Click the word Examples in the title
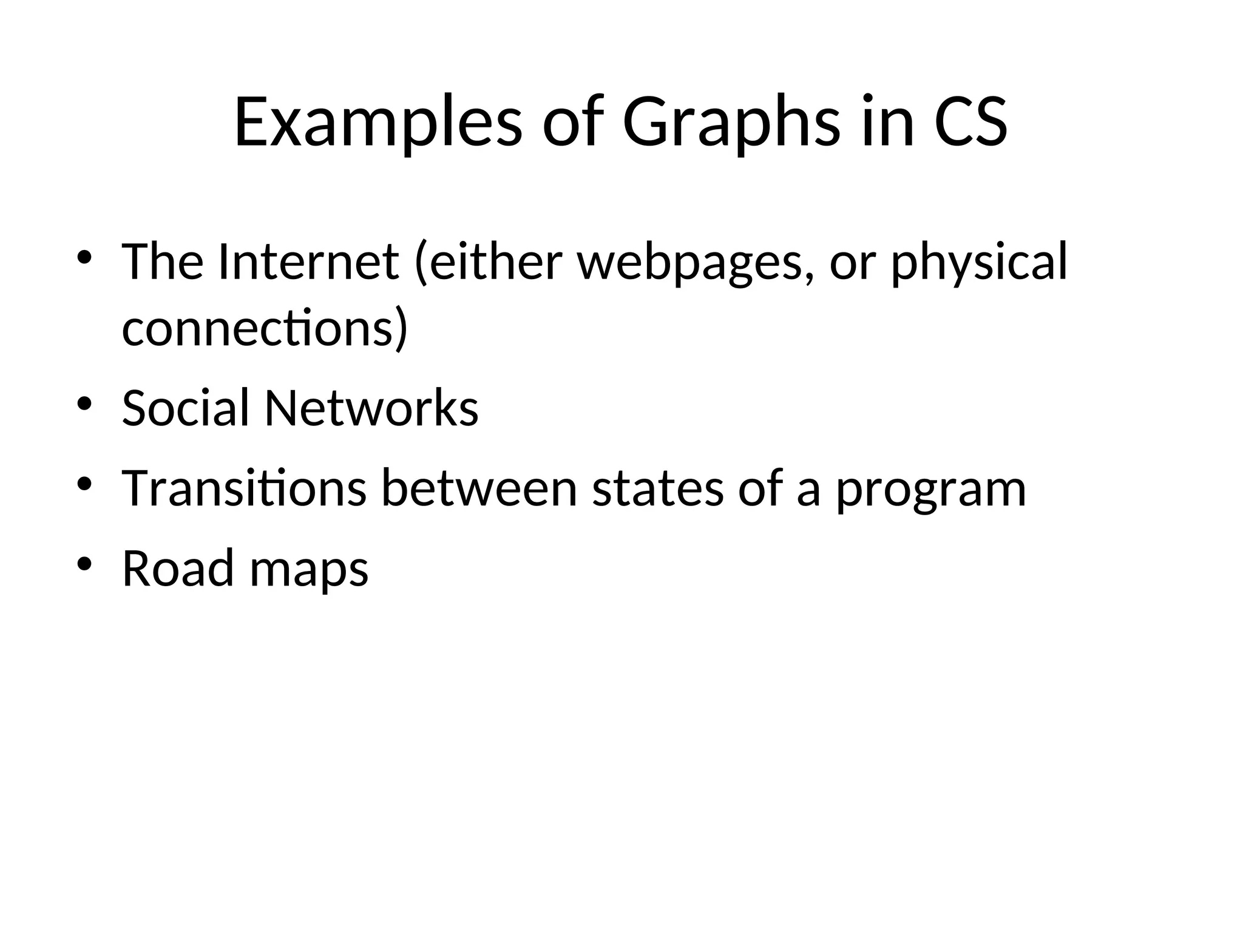pyautogui.click(x=378, y=123)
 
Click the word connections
pyautogui.click(x=265, y=328)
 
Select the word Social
pyautogui.click(x=186, y=407)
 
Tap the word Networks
pyautogui.click(x=371, y=407)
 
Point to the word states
pyautogui.click(x=658, y=489)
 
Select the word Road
pyautogui.click(x=178, y=569)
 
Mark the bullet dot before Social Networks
pyautogui.click(x=84, y=403)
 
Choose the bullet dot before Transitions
pyautogui.click(x=84, y=484)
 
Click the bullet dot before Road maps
pyautogui.click(x=84, y=564)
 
